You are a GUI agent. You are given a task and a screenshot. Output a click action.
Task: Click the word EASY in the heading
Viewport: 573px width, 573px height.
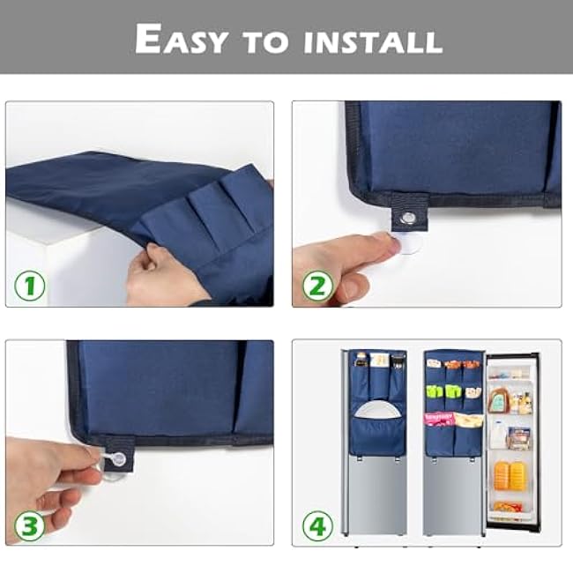(x=181, y=40)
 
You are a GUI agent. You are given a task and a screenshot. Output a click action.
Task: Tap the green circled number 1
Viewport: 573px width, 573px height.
(x=30, y=287)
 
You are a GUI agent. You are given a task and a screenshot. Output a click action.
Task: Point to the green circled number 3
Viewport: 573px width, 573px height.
(x=30, y=527)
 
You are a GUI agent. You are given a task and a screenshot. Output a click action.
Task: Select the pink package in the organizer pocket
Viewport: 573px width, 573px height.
(x=438, y=418)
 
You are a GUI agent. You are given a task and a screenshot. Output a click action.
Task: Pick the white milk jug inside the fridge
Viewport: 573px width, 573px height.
(x=498, y=433)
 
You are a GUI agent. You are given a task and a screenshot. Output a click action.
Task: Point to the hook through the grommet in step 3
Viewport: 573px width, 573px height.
(x=116, y=459)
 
